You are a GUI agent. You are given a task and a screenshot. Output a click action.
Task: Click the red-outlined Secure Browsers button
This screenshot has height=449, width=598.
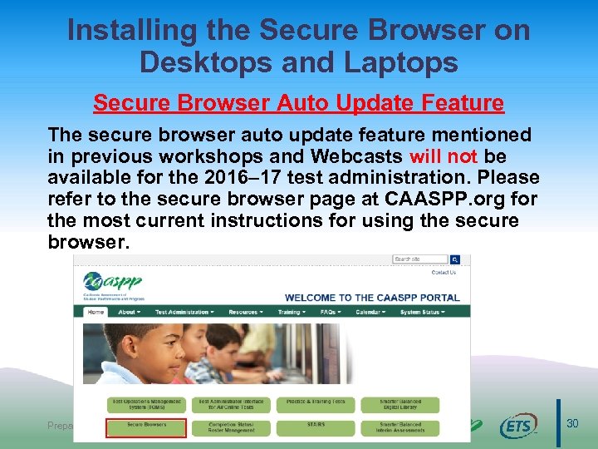(146, 426)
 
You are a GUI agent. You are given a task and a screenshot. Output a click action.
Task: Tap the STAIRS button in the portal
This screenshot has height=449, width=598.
(316, 426)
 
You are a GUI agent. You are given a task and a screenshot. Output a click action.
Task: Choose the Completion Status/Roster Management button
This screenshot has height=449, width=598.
(231, 426)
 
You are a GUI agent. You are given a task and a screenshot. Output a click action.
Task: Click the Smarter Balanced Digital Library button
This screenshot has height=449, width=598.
(399, 405)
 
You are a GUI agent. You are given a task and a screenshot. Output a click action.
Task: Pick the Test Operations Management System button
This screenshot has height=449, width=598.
(146, 405)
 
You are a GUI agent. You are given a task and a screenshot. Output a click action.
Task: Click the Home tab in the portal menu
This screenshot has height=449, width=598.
(96, 312)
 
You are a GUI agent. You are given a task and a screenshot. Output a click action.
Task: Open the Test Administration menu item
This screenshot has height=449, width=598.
(184, 312)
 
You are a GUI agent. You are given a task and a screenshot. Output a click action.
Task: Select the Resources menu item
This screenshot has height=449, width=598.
(246, 312)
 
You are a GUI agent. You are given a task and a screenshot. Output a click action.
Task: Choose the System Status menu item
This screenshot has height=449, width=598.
(422, 312)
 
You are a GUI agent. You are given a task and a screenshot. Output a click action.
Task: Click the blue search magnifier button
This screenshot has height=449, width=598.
(454, 259)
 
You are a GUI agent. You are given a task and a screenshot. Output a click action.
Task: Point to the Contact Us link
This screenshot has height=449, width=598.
(444, 273)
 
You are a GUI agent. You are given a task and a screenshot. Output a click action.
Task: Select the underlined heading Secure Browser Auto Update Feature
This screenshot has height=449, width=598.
(298, 103)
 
